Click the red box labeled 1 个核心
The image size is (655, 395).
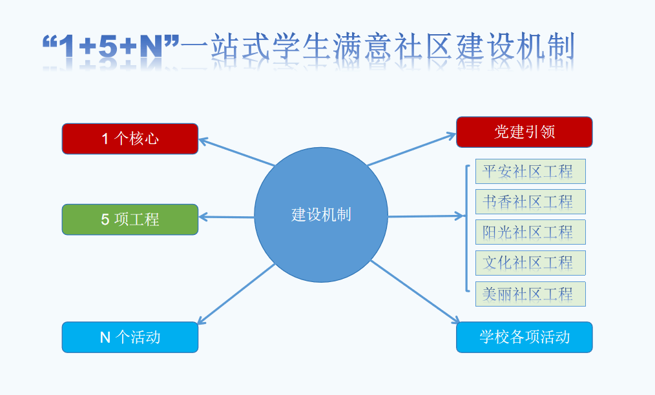tap(130, 139)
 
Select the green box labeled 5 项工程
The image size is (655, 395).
tap(130, 219)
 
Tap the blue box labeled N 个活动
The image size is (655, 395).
tap(130, 337)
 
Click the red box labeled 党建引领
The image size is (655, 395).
tap(524, 132)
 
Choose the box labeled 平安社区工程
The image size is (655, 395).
tap(530, 172)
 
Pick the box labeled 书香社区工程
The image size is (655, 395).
tap(530, 202)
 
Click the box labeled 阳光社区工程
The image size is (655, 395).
tap(530, 232)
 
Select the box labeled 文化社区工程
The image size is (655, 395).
tap(530, 263)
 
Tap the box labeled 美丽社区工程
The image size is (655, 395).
tap(530, 294)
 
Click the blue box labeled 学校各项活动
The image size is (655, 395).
tap(524, 337)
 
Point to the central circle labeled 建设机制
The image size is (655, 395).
tap(321, 215)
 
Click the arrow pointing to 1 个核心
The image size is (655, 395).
tap(236, 152)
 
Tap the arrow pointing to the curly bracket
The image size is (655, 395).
tap(426, 216)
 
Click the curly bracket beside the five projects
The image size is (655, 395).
tap(466, 228)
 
